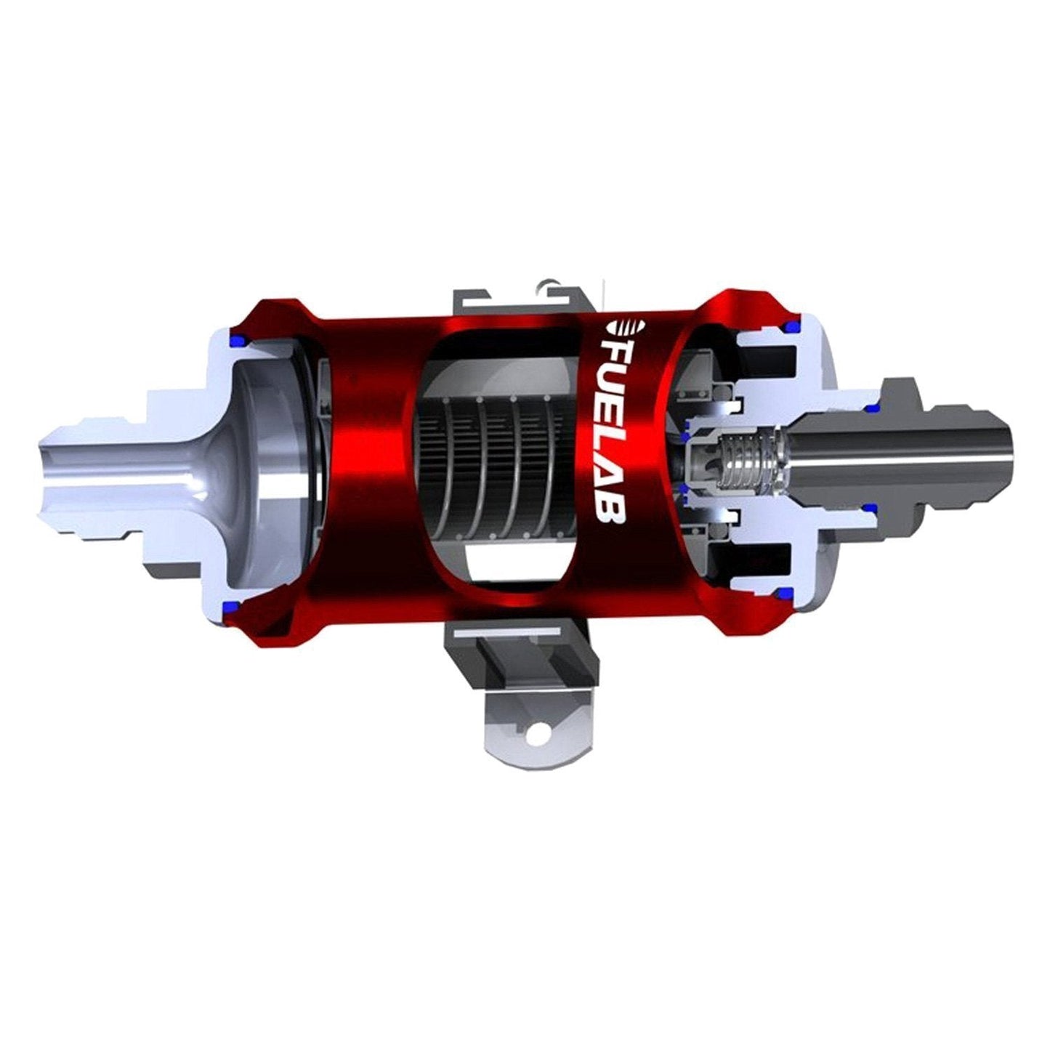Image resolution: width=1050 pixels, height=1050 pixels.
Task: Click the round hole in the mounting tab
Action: click(536, 735)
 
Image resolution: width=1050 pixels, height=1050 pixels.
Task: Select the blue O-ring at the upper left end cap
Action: click(235, 340)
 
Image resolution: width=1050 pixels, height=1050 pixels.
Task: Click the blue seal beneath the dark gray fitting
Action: click(873, 507)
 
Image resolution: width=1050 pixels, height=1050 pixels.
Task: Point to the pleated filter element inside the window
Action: click(494, 465)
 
